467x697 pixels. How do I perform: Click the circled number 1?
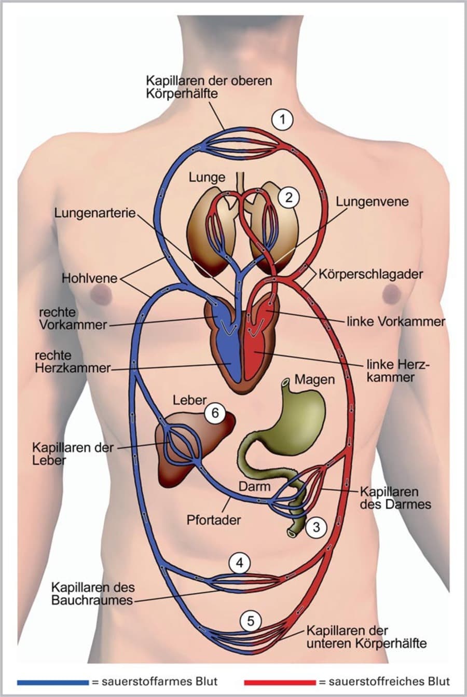(x=282, y=120)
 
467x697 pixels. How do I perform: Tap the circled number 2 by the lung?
(x=289, y=197)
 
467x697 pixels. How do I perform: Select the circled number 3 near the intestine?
(x=316, y=527)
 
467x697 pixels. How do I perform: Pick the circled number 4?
(x=239, y=563)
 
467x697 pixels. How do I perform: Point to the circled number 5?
(x=251, y=621)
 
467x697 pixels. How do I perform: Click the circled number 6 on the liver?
(x=216, y=414)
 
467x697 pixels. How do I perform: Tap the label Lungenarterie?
(x=95, y=213)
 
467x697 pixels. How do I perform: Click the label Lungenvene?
(x=372, y=201)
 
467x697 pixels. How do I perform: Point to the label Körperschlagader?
(x=371, y=274)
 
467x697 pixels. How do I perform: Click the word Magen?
(x=314, y=379)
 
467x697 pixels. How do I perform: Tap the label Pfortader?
(x=214, y=519)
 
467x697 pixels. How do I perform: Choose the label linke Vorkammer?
(x=396, y=321)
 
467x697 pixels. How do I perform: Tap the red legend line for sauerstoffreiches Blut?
(x=280, y=681)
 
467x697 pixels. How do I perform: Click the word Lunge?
(x=207, y=177)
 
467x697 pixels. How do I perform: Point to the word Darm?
(x=254, y=486)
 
